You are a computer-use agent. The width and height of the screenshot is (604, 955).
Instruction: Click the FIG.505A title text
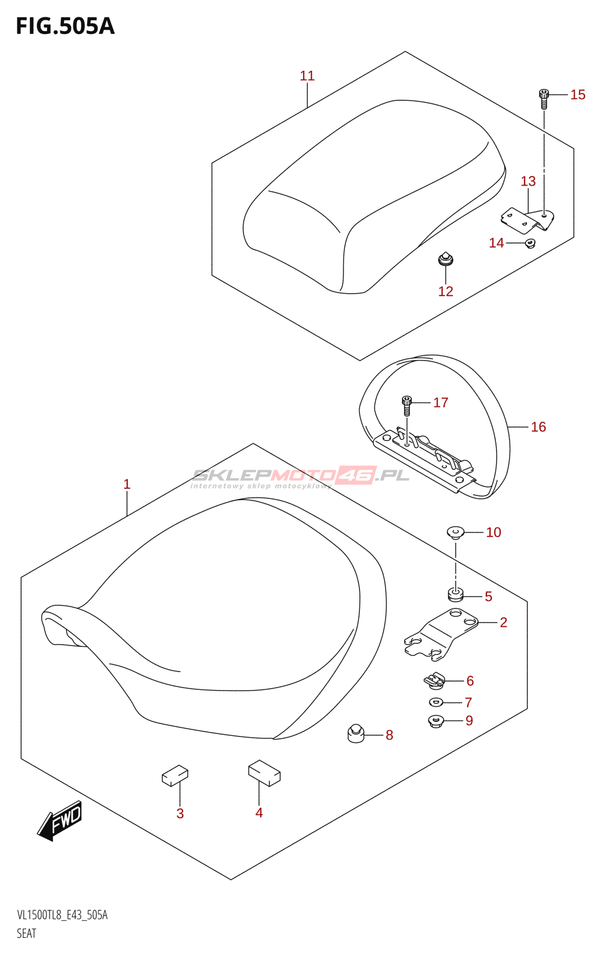coord(64,27)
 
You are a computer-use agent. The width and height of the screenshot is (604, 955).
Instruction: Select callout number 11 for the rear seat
coord(307,76)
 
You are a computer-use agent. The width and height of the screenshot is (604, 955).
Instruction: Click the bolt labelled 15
coord(544,98)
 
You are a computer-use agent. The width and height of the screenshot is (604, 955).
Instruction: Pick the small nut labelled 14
coord(529,243)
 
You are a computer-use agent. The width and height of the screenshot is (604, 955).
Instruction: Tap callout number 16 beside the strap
coord(538,427)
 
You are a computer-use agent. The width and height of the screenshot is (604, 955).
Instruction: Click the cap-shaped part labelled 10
coord(456,532)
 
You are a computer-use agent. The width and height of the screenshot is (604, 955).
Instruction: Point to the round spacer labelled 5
coord(455,595)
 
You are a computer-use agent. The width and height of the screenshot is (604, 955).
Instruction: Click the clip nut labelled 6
coord(435,680)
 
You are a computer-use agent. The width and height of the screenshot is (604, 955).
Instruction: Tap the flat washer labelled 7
coord(436,702)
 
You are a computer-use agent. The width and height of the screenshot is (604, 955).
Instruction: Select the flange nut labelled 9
coord(436,721)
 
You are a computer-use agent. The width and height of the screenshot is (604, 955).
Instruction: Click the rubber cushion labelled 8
coord(356,733)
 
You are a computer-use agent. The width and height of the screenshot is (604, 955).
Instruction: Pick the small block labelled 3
coord(175,777)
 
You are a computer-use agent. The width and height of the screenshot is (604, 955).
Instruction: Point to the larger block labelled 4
coord(264,773)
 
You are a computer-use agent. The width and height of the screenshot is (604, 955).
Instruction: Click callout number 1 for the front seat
coord(127,484)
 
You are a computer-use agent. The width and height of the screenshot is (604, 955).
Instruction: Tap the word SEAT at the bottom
coord(27,933)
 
